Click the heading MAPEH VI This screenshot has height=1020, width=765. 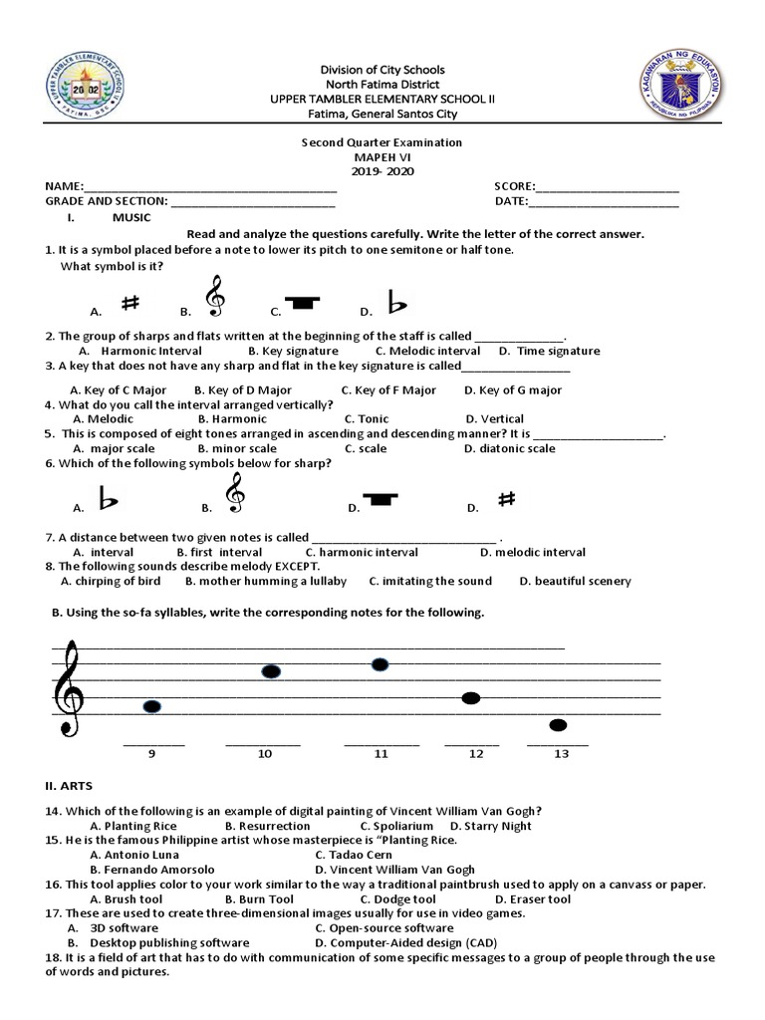coord(382,157)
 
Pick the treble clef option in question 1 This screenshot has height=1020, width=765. coord(213,297)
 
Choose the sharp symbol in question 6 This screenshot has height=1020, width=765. coord(506,500)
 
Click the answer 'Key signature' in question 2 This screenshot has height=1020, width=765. coord(293,351)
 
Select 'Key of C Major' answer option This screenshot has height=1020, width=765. coord(125,390)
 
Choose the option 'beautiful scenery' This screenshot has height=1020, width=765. coord(582,581)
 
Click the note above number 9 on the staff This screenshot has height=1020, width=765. coord(151,707)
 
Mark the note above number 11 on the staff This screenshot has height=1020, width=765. coord(380,664)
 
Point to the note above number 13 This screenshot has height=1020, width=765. coord(559,724)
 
